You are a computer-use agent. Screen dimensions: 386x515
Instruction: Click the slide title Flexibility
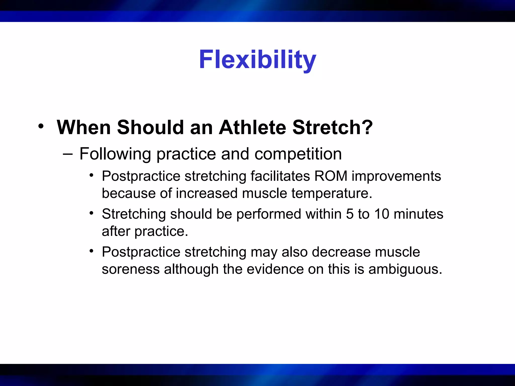[257, 60]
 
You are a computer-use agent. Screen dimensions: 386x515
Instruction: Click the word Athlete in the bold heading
[252, 127]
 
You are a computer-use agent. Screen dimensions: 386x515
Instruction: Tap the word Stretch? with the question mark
[332, 127]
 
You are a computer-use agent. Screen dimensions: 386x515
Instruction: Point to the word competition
[298, 154]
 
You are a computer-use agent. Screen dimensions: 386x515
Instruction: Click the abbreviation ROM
[331, 176]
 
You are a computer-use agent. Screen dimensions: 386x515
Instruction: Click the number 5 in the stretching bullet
[350, 214]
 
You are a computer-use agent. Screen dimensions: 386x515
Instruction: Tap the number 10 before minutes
[382, 214]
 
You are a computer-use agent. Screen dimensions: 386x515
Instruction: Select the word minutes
[418, 214]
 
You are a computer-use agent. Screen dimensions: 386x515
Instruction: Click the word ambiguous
[405, 269]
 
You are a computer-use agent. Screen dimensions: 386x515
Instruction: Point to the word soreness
[131, 269]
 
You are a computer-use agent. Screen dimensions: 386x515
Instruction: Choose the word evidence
[275, 269]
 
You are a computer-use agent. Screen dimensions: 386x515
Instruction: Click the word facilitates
[280, 176]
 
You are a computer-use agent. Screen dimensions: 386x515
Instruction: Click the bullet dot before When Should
[41, 126]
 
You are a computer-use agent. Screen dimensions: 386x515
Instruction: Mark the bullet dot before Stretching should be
[92, 213]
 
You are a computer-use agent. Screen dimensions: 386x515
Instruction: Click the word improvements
[396, 176]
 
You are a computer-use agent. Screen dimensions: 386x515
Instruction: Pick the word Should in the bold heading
[150, 127]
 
